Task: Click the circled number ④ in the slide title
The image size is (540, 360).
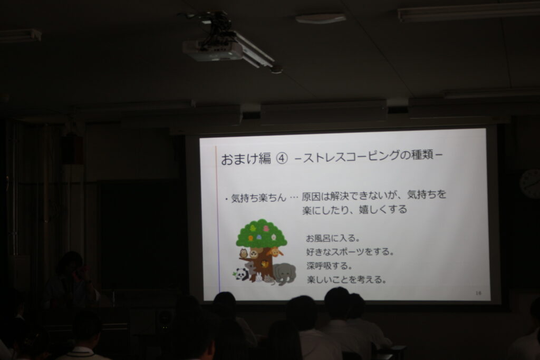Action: click(x=282, y=159)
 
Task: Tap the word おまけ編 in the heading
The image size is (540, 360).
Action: click(x=246, y=159)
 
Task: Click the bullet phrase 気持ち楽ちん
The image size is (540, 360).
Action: click(x=258, y=198)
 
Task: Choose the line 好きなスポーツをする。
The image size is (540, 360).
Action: click(x=350, y=251)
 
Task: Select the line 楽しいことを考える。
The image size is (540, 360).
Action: click(x=346, y=279)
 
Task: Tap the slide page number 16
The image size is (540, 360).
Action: click(x=478, y=293)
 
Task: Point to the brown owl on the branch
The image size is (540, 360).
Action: click(x=244, y=254)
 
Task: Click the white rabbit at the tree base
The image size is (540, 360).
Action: click(x=258, y=277)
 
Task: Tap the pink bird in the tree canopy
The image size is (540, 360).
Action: click(x=266, y=229)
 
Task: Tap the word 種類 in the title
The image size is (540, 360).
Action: click(x=423, y=155)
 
